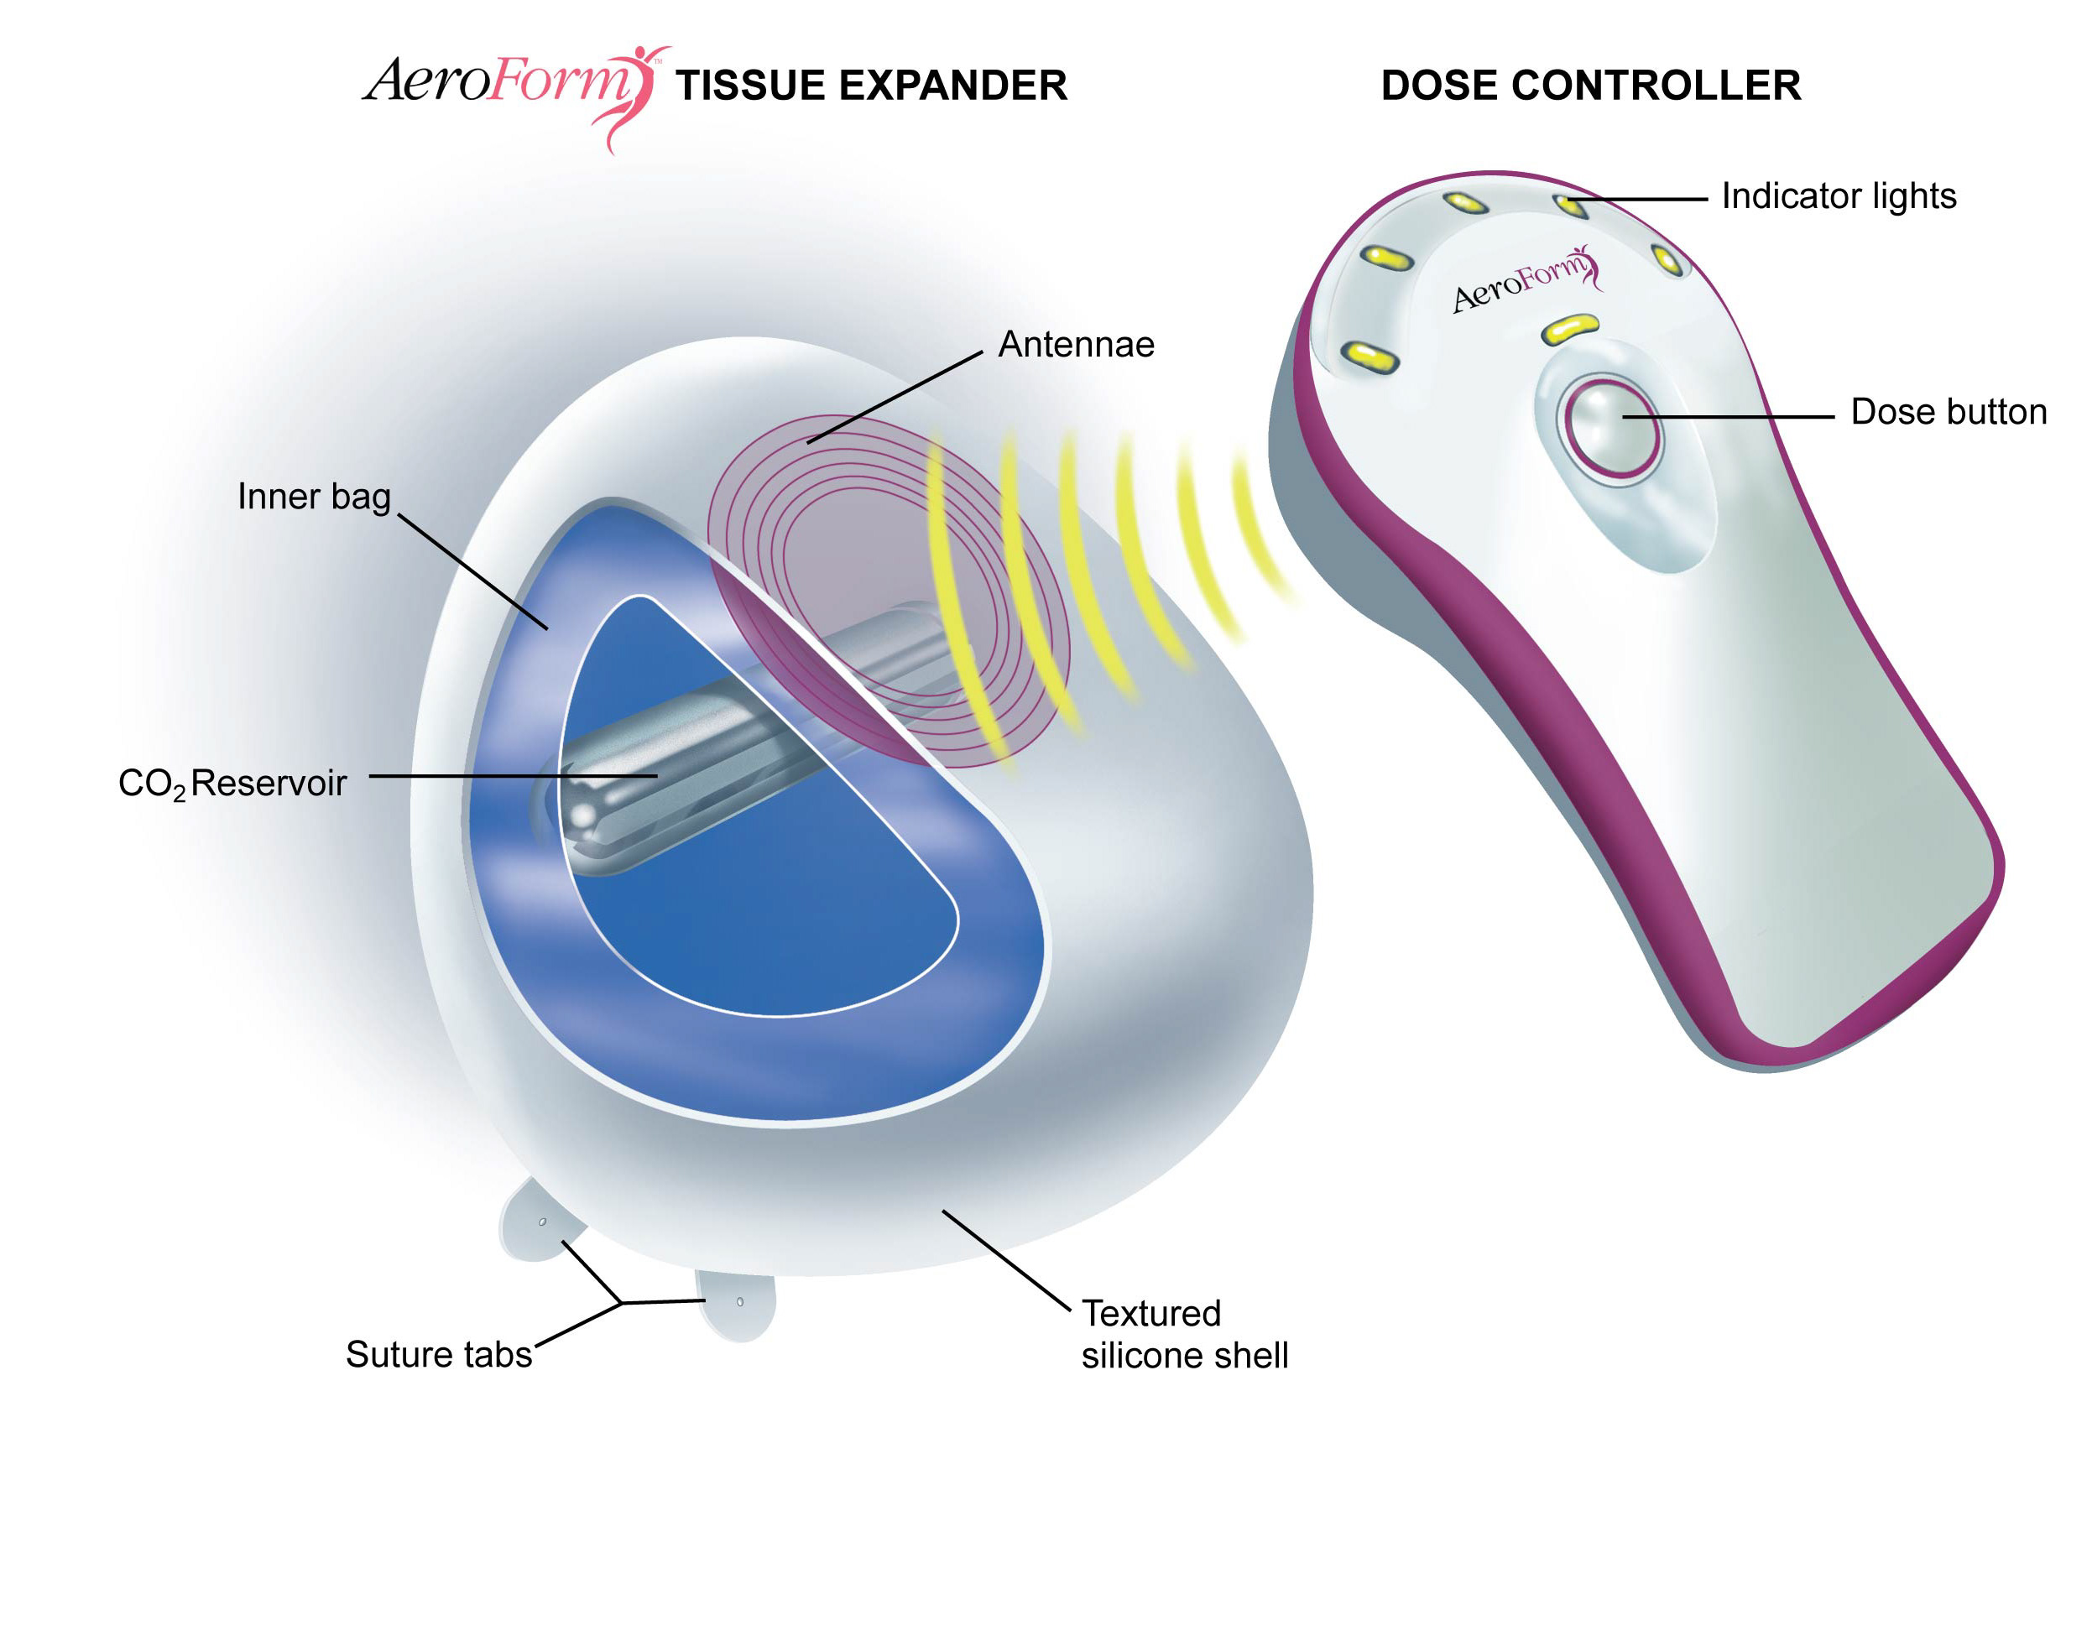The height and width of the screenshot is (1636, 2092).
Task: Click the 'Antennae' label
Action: (1076, 345)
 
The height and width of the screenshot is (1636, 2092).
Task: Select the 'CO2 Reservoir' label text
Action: (232, 784)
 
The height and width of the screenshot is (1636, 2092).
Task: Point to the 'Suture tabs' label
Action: (438, 1354)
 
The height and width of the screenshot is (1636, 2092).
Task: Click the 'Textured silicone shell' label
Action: (1184, 1334)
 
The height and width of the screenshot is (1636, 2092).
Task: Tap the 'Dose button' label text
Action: (1949, 412)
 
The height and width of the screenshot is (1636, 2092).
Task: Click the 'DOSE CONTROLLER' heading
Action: (1590, 86)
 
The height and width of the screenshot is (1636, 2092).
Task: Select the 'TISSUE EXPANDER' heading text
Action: (871, 86)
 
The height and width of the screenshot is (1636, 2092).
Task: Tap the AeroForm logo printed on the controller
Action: (1523, 279)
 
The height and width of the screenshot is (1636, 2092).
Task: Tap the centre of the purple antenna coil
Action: (886, 589)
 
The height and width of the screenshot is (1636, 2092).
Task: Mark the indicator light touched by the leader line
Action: (1570, 205)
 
